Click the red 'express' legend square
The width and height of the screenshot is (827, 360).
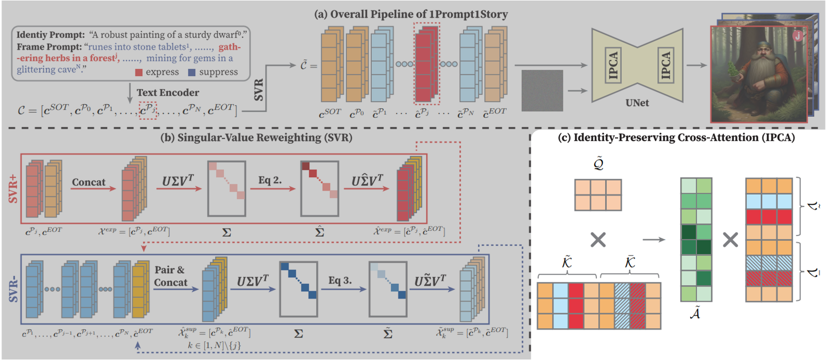pos(139,72)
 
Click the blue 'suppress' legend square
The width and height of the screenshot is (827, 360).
pos(192,72)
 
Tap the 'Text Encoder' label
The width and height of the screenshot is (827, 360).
pos(168,93)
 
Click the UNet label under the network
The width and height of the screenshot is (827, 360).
pos(637,103)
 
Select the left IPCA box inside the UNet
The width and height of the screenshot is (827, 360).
pos(613,66)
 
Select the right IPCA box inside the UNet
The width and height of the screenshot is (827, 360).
pos(665,66)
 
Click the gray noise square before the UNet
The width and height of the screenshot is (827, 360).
pos(542,90)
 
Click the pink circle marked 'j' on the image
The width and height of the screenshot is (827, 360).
pos(797,35)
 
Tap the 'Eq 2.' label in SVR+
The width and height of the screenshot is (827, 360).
pos(270,180)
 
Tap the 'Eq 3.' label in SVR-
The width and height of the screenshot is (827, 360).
pos(340,280)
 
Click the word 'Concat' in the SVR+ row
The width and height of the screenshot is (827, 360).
pos(89,182)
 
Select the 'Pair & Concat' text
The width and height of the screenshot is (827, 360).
pos(170,276)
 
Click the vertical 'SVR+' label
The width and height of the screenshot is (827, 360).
pos(13,189)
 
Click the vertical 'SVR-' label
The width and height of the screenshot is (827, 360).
pos(13,290)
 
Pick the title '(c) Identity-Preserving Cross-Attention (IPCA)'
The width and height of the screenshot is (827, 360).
pos(676,138)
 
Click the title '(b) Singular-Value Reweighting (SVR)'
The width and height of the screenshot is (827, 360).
pos(256,138)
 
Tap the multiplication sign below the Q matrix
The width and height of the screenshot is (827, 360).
pos(598,240)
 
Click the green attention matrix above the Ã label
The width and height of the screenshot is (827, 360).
pos(696,240)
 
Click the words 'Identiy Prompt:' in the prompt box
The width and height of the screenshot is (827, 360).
pos(51,35)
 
